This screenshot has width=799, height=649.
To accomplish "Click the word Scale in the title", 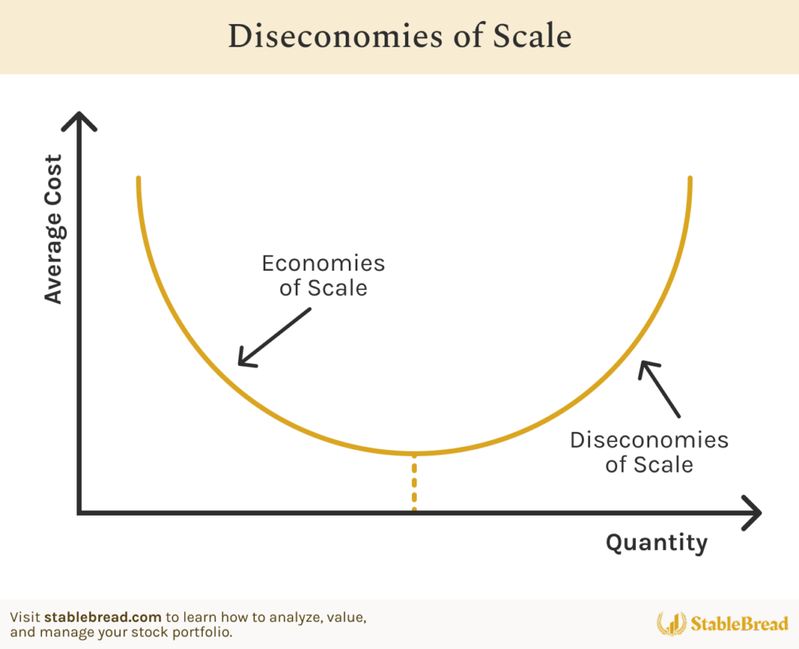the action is click(x=532, y=36).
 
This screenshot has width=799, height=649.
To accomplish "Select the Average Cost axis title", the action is click(x=54, y=229).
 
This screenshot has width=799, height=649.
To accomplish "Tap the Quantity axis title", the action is click(x=657, y=543).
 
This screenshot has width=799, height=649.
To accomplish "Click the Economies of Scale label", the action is click(x=324, y=275).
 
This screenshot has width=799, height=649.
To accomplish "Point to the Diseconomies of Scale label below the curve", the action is click(x=649, y=452).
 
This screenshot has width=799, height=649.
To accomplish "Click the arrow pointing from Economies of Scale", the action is click(x=274, y=337).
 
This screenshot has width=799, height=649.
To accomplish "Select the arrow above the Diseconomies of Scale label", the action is click(x=659, y=389).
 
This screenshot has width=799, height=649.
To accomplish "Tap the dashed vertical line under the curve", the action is click(x=414, y=481).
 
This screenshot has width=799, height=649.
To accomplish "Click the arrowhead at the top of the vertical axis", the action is click(x=79, y=121).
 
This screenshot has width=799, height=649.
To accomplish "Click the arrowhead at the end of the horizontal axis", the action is click(x=752, y=512).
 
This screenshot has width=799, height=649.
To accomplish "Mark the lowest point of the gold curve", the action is click(x=414, y=453).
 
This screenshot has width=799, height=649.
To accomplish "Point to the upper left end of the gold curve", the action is click(x=139, y=179).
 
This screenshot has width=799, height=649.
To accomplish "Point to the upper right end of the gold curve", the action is click(x=690, y=179).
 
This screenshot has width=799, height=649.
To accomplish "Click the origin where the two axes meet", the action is click(x=80, y=512).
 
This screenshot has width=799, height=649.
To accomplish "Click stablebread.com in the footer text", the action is click(x=103, y=618).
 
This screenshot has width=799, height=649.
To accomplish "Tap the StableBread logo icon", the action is click(x=671, y=623).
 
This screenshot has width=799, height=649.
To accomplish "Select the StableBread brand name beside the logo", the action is click(x=740, y=623).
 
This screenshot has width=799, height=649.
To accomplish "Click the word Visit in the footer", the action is click(x=25, y=618).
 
